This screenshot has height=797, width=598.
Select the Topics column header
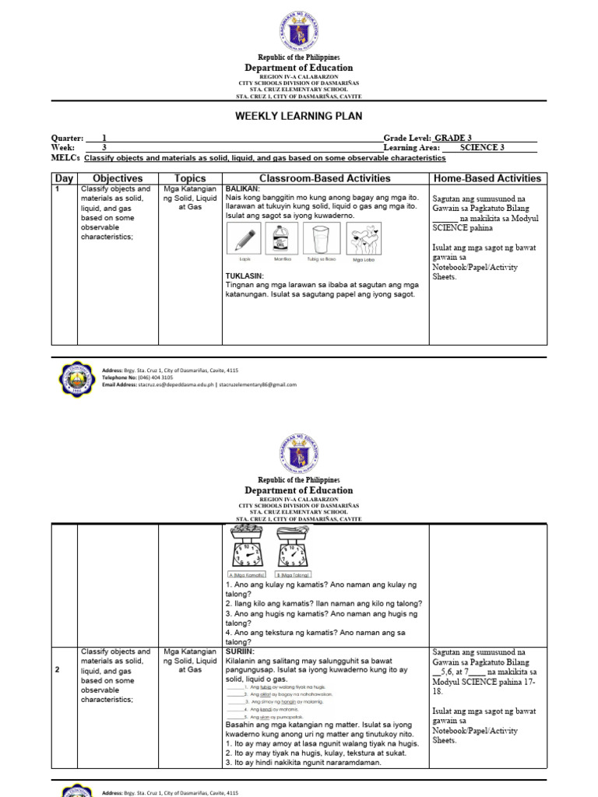tap(190, 178)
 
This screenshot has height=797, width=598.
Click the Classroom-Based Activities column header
tap(325, 178)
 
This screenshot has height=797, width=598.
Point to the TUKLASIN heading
tap(244, 276)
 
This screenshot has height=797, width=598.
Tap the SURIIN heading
tap(240, 651)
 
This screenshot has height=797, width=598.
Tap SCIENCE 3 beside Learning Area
tap(482, 147)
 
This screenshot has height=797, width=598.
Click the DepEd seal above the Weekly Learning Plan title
tap(299, 32)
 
